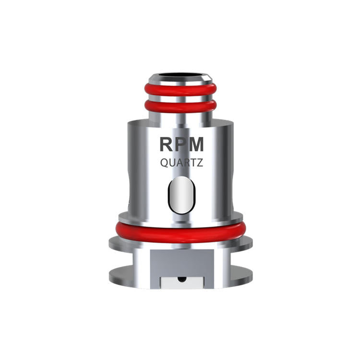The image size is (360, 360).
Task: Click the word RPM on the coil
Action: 181,144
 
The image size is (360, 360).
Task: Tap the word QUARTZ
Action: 181,163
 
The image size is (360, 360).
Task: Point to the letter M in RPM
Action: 196,144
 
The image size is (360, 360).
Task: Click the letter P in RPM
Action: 180,144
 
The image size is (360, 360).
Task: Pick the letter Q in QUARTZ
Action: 163,163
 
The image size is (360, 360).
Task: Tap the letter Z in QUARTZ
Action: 199,163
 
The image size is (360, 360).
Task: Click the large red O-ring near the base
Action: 181,233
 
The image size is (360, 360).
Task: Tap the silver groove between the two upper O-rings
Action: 181,98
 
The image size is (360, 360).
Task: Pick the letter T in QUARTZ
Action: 193,163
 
